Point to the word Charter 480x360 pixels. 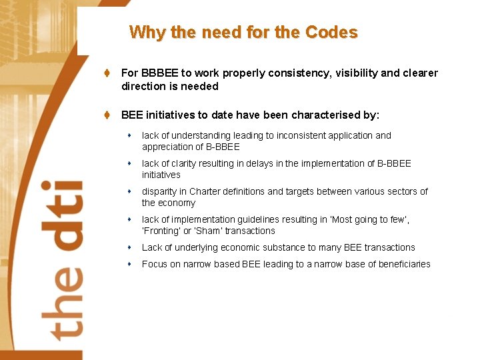pos(205,191)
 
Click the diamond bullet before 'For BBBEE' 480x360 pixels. pos(107,73)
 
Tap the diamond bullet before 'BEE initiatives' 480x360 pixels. pos(107,115)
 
